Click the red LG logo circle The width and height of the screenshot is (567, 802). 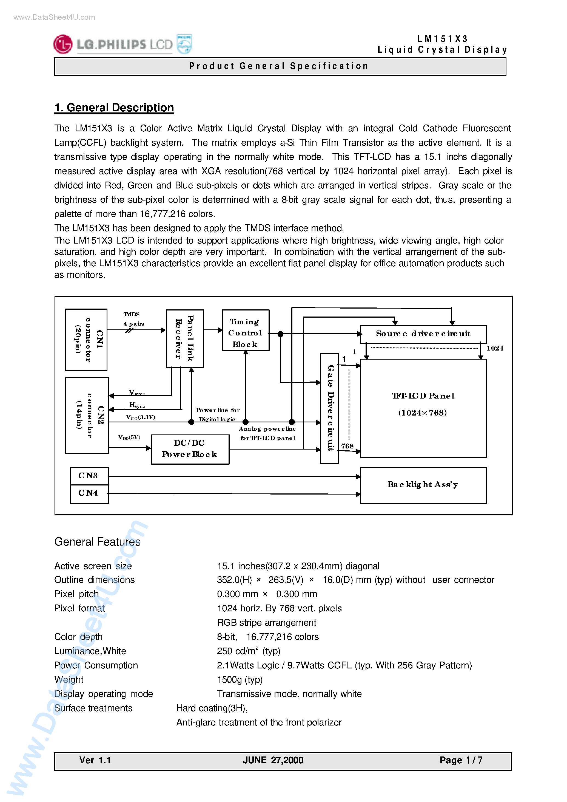point(63,44)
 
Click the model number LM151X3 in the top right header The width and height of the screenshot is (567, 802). point(442,39)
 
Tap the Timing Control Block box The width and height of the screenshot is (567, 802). point(246,330)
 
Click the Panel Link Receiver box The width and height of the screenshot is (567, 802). point(185,338)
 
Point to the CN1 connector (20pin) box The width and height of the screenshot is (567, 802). point(86,340)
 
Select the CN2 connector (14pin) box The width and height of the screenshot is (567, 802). point(87,415)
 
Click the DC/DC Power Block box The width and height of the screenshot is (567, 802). point(190,449)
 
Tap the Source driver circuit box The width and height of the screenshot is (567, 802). point(423,334)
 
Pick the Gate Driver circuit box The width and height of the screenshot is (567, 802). point(329,408)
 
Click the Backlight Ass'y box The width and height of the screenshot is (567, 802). point(423,485)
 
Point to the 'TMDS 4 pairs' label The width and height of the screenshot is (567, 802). point(133,319)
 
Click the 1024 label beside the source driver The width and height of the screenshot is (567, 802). point(495,348)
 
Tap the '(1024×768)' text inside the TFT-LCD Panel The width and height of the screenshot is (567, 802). point(423,413)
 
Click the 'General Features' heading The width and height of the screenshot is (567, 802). point(97,542)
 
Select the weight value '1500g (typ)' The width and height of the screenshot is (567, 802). point(240,679)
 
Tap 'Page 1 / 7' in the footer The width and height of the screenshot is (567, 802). point(461,760)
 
